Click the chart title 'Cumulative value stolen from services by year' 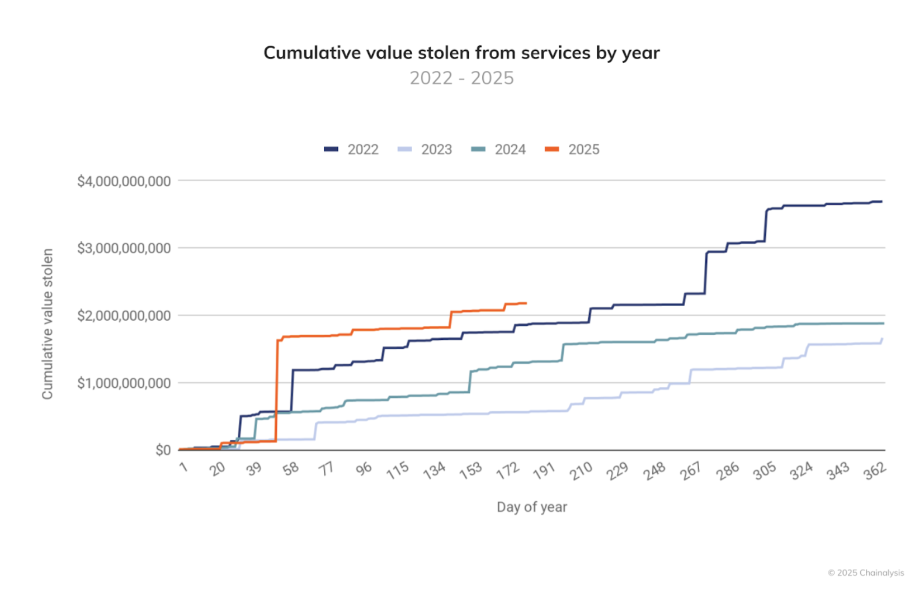pos(461,53)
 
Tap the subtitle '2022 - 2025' pos(461,78)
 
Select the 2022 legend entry pos(351,150)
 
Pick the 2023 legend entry pos(425,150)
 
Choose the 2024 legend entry pos(498,150)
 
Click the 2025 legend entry pos(572,150)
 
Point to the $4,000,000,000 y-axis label pos(124,181)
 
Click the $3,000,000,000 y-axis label pos(124,248)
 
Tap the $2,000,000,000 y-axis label pos(124,316)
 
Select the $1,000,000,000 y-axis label pos(124,383)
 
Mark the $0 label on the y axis pos(163,450)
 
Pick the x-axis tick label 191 pos(544,471)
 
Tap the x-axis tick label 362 pos(875,471)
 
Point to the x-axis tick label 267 pos(691,471)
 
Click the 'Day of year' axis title pos(532,507)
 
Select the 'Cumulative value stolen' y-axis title pos(48,324)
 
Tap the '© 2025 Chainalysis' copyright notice pos(866,573)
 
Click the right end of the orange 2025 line pos(526,303)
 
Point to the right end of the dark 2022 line pos(882,202)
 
